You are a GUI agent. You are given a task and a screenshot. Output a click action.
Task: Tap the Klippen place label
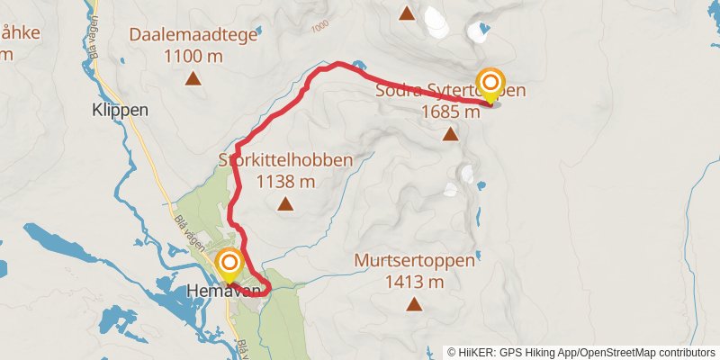coord(120,112)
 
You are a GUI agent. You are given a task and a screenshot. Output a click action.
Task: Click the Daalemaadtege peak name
coord(193,36)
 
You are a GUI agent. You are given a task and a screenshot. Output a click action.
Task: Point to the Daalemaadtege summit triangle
coord(193,78)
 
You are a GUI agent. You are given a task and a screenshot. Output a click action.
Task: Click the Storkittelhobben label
coord(285,160)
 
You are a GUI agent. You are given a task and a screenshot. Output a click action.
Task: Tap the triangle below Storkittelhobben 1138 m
coord(285,204)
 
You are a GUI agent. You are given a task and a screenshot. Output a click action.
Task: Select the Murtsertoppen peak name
coord(413,261)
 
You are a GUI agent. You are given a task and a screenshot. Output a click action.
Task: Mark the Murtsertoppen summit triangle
coord(414,304)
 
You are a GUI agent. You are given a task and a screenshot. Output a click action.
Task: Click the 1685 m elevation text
coord(450,112)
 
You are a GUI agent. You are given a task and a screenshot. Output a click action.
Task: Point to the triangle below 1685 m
coord(450,135)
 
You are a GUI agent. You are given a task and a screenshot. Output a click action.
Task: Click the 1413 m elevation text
coord(414,282)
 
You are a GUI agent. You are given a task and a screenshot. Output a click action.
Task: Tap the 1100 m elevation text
coord(193,57)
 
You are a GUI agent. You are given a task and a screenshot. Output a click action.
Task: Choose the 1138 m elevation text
coord(285,182)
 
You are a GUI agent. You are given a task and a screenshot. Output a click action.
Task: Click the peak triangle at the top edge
coord(407,13)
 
